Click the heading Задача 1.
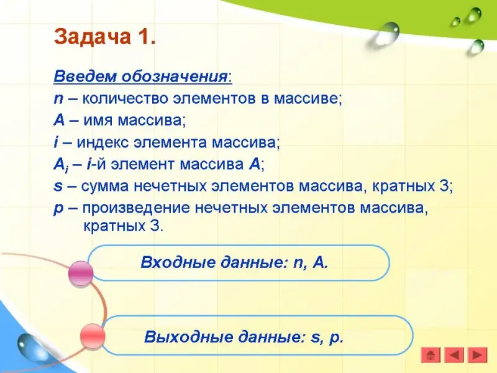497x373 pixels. pyautogui.click(x=105, y=37)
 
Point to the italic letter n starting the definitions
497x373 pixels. pyautogui.click(x=58, y=99)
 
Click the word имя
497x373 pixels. pyautogui.click(x=99, y=121)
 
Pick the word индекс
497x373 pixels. pyautogui.click(x=103, y=143)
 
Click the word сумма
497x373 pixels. pyautogui.click(x=105, y=186)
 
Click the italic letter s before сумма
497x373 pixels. pyautogui.click(x=58, y=186)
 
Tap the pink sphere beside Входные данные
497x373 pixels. pyautogui.click(x=81, y=274)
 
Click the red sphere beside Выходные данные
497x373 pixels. pyautogui.click(x=92, y=336)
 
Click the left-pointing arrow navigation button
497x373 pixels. pyautogui.click(x=454, y=355)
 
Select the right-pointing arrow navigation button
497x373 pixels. pyautogui.click(x=477, y=355)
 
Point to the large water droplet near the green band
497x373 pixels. pyautogui.click(x=383, y=35)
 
